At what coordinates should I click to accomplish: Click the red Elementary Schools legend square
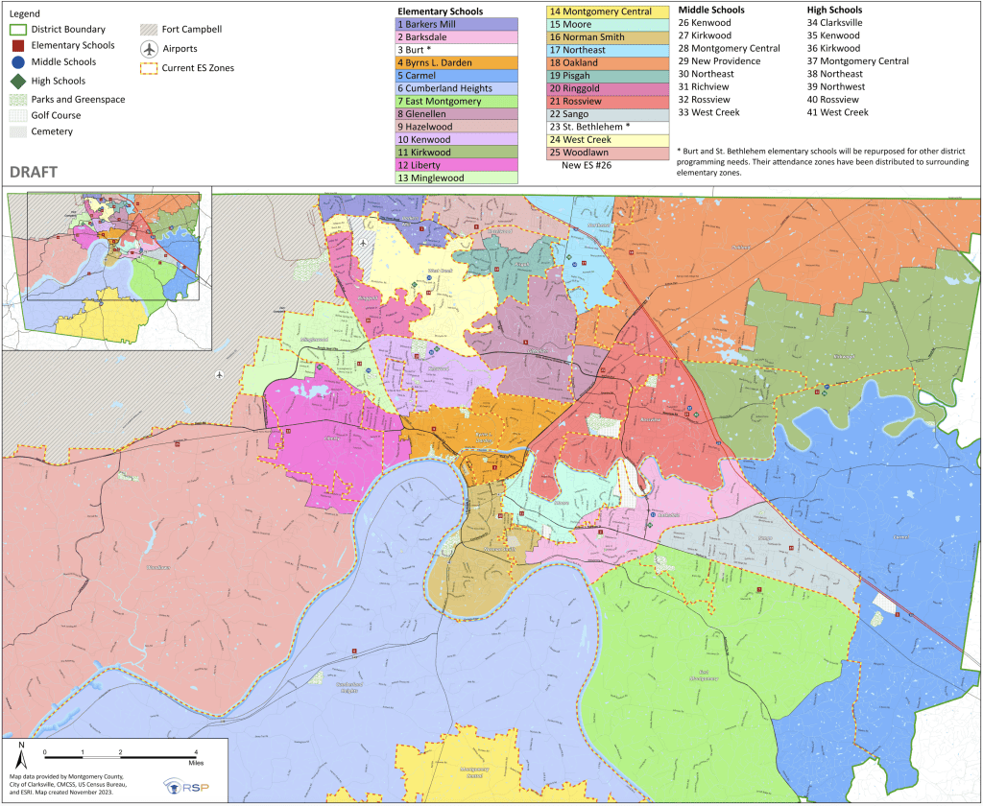pyautogui.click(x=18, y=45)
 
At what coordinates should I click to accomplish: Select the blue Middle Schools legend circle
pyautogui.click(x=18, y=63)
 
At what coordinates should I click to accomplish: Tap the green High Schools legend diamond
pyautogui.click(x=18, y=82)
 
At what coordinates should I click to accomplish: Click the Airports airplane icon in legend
pyautogui.click(x=149, y=49)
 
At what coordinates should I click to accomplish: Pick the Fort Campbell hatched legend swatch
pyautogui.click(x=149, y=30)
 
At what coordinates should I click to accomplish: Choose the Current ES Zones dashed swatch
pyautogui.click(x=149, y=67)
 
